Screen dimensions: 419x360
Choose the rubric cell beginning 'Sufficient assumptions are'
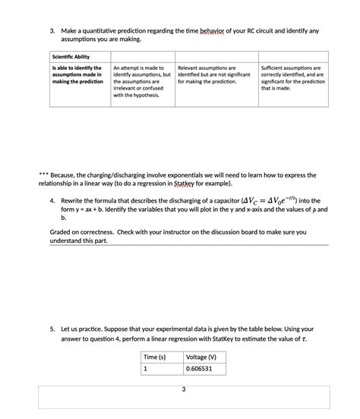pyautogui.click(x=292, y=77)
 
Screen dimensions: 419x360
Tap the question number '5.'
pyautogui.click(x=53, y=329)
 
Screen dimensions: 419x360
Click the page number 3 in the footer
pyautogui.click(x=182, y=389)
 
